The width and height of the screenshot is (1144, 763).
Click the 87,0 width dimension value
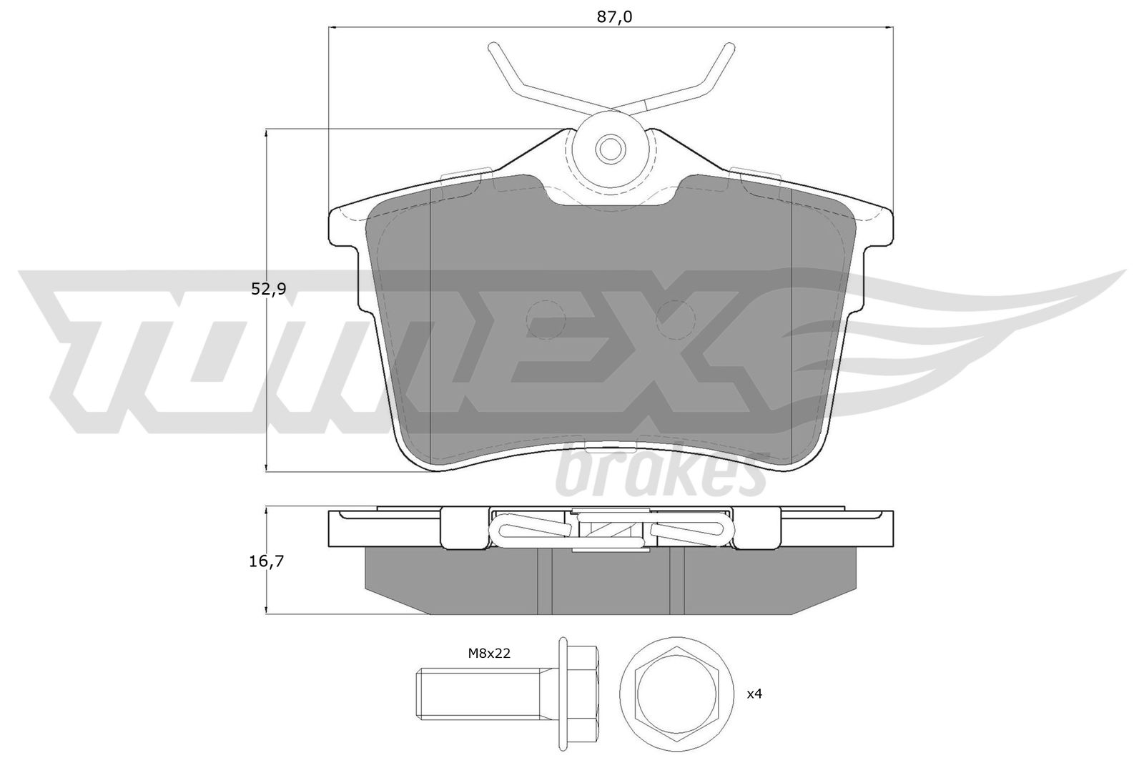[x=614, y=17]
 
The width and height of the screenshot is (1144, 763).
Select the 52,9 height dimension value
[x=269, y=289]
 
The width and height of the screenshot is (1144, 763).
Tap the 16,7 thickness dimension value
[x=266, y=561]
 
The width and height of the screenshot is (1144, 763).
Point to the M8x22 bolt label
[x=489, y=653]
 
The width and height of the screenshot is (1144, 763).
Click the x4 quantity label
[x=754, y=694]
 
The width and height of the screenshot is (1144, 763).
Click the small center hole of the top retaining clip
[x=611, y=149]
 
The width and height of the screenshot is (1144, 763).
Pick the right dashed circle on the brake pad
[x=675, y=320]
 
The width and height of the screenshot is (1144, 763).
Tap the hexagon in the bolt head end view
[x=677, y=694]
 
